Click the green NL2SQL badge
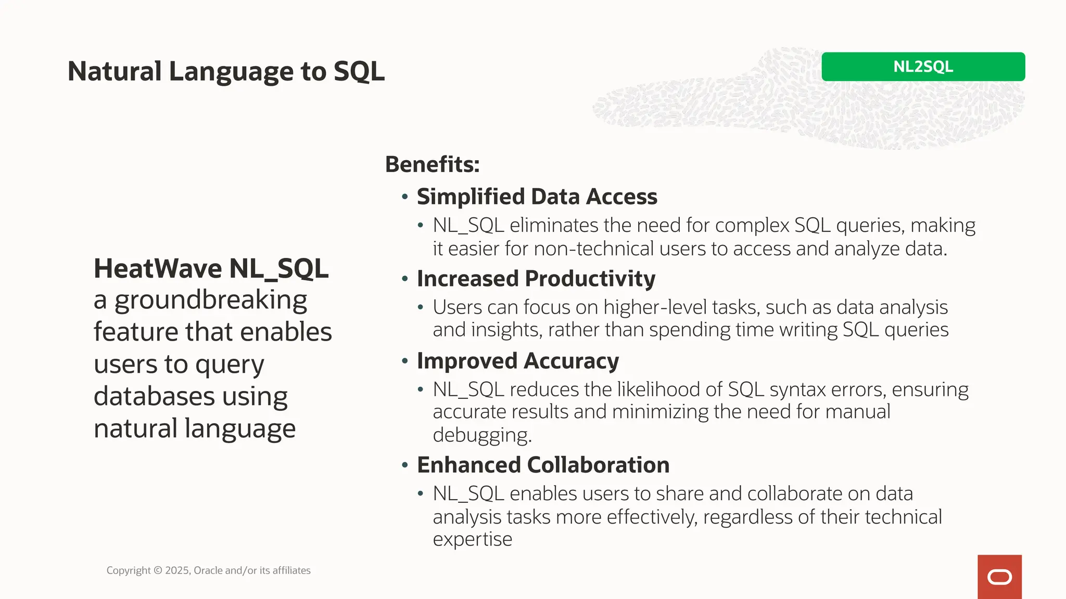923,67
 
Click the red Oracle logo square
999,577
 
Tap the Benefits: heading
432,164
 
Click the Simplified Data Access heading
537,197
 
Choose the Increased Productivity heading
536,279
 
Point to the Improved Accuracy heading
517,361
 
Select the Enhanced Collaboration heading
543,465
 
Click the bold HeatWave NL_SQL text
211,269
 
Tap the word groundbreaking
211,301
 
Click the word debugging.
481,435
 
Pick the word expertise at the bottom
472,539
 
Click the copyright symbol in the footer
158,570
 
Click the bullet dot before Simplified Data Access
405,197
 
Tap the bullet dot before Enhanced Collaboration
405,465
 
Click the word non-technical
593,249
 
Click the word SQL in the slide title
359,71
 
